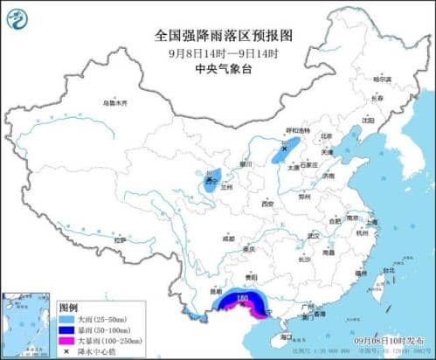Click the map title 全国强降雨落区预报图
(218, 36)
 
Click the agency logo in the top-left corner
(17, 17)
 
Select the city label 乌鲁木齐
(114, 103)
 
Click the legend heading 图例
(68, 308)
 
